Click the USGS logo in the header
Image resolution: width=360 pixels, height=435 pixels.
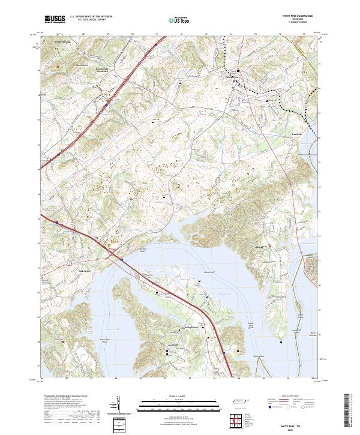[55, 19]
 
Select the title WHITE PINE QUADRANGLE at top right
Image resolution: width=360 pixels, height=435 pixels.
[293, 16]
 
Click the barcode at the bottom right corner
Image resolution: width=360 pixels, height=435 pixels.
[352, 414]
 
